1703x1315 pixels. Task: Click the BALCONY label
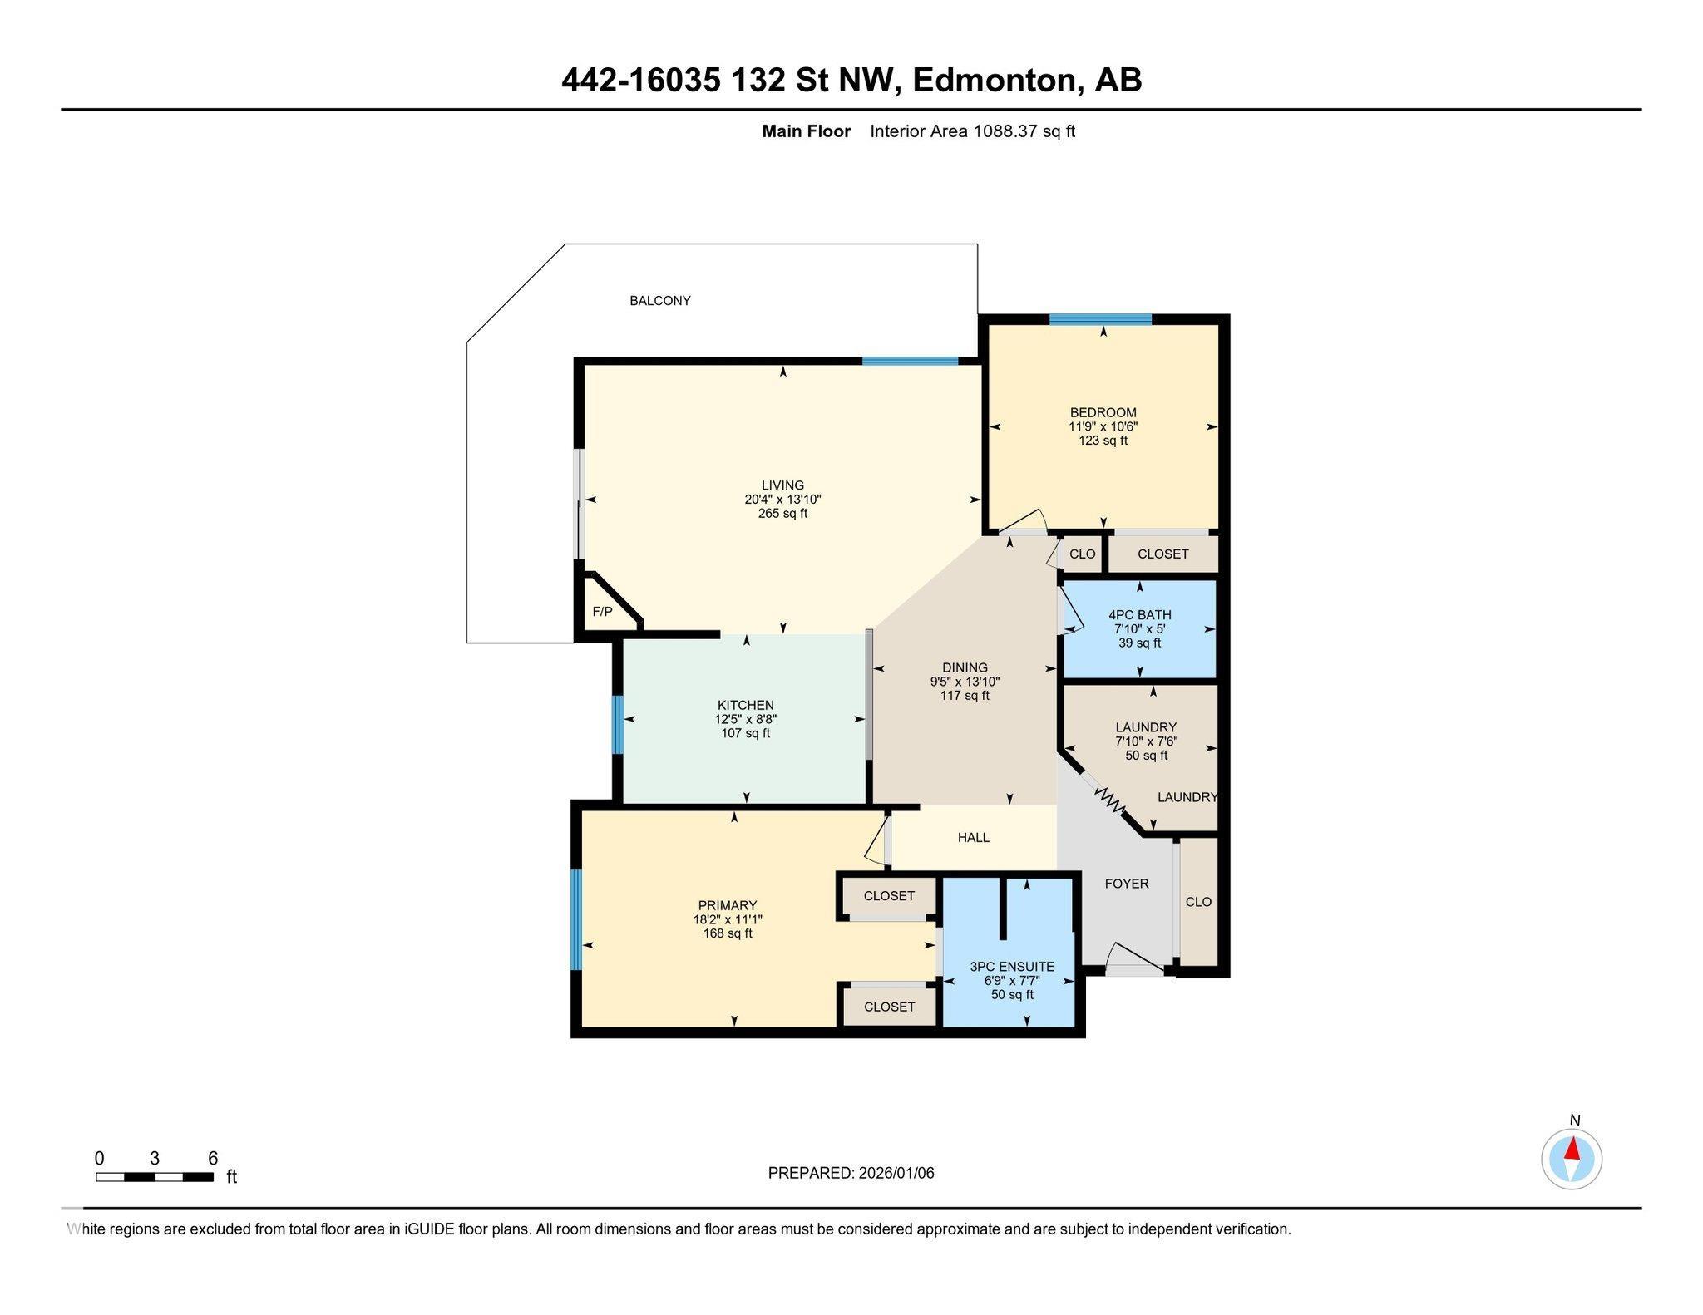tap(659, 301)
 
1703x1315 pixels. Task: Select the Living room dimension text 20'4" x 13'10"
tap(782, 500)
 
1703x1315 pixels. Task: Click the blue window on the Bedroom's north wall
tap(1099, 319)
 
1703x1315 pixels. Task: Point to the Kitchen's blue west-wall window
tap(617, 724)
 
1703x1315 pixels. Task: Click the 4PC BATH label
tap(1139, 615)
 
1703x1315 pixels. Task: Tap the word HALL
tap(973, 837)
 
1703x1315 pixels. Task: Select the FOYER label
tap(1126, 884)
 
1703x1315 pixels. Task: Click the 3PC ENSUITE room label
tap(1011, 967)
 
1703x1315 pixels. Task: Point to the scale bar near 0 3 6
tap(155, 1176)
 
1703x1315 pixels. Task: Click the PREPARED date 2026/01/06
tap(896, 1173)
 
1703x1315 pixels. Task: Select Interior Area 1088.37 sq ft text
tap(972, 131)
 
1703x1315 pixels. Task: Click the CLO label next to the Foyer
tap(1197, 902)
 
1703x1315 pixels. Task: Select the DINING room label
tap(965, 667)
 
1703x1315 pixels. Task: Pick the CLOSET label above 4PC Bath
tap(1162, 554)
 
